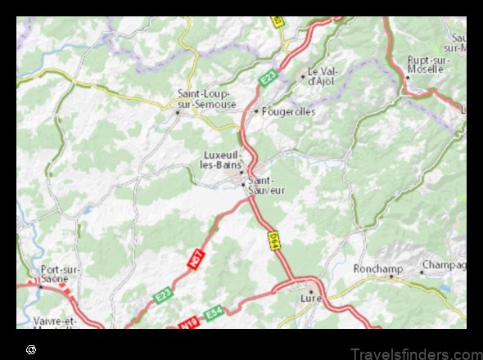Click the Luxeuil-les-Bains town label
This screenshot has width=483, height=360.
(220, 160)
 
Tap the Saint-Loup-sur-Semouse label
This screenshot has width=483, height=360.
(206, 98)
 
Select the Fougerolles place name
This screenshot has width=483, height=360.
(287, 111)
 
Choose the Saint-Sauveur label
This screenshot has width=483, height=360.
(266, 185)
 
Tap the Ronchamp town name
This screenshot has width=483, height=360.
(375, 268)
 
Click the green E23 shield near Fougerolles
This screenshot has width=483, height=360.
(269, 79)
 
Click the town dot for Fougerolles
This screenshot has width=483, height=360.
(256, 111)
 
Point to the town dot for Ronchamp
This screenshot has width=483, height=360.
(391, 276)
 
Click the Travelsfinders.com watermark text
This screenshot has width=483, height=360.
(415, 353)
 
